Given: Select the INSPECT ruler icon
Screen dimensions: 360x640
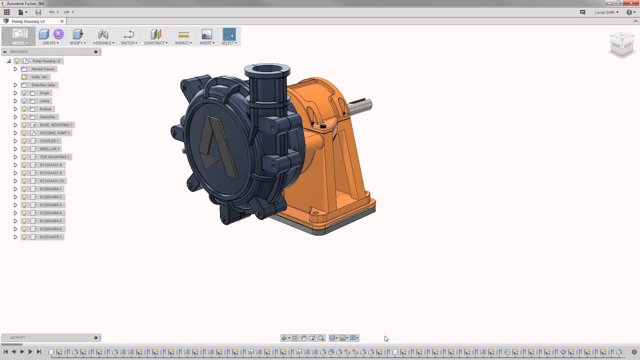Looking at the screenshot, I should click(x=183, y=34).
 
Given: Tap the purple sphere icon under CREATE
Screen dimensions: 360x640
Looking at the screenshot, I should click(x=58, y=34).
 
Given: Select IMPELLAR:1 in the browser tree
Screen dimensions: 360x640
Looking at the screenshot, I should click(x=49, y=149).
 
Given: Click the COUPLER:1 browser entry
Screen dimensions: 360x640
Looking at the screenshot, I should click(x=49, y=141).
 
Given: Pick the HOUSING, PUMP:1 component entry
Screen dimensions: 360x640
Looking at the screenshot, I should click(x=54, y=133).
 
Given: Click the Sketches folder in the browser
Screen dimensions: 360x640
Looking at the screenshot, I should click(x=47, y=117).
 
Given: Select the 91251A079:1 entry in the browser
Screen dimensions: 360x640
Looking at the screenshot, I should click(x=50, y=237).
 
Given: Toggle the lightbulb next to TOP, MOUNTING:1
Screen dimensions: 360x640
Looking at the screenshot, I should click(x=24, y=157).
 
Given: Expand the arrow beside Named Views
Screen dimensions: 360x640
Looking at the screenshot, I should click(x=15, y=69).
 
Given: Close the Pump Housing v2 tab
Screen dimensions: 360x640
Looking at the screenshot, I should click(x=62, y=21).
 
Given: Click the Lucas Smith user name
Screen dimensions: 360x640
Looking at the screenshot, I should click(x=605, y=12).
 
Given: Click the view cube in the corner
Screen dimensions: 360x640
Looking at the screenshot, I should click(x=622, y=44).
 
